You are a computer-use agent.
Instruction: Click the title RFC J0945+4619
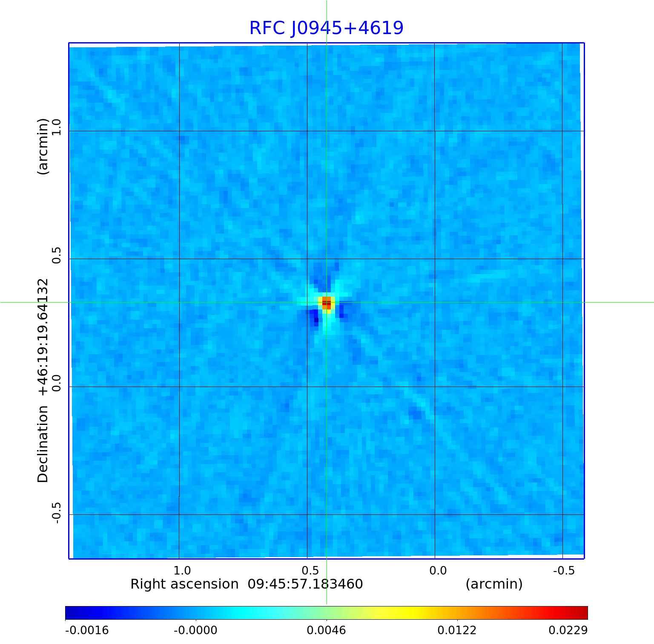326,28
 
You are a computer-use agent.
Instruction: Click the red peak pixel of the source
327,302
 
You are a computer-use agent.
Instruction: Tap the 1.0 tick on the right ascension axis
182,570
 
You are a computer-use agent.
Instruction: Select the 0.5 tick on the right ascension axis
310,570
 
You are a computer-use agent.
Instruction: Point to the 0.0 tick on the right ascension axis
438,570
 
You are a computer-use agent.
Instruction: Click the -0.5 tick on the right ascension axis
564,570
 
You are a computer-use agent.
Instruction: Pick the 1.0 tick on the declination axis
57,127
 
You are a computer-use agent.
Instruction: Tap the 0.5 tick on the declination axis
57,255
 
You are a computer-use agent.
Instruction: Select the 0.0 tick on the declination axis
57,383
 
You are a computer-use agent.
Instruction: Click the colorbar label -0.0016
87,630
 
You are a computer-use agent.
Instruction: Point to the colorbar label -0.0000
195,630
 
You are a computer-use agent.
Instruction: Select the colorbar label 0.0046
327,630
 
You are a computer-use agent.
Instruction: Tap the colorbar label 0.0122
457,630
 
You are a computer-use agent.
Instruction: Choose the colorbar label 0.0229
568,630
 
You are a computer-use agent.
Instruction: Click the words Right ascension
184,584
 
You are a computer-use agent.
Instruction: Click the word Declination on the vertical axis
43,444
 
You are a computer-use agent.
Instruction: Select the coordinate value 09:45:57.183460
305,584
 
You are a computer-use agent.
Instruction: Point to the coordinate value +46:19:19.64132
43,337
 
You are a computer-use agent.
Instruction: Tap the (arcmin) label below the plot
494,584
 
